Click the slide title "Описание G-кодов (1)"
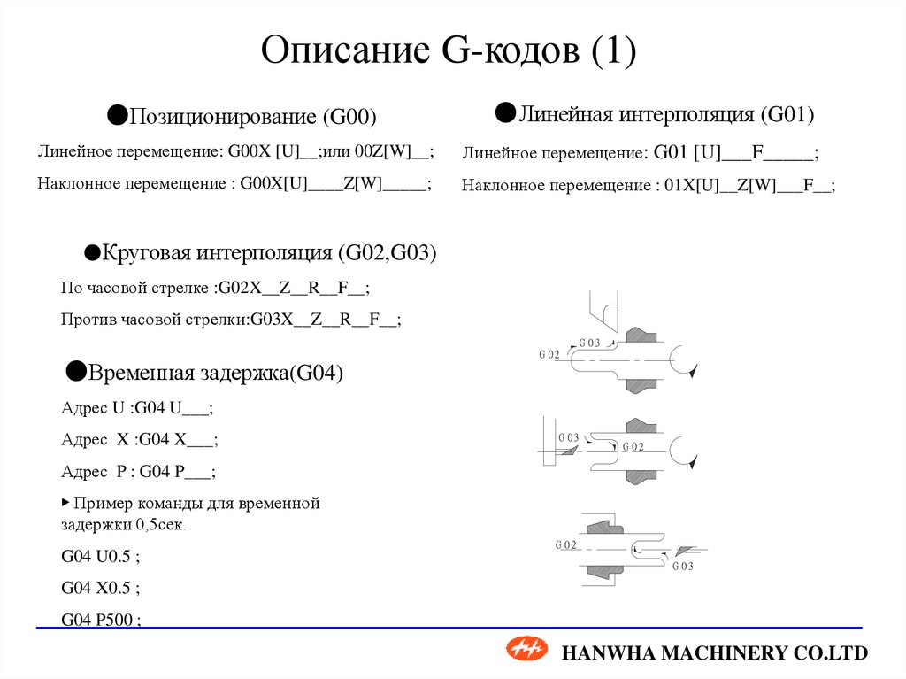[x=449, y=50]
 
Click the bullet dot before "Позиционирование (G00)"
[x=117, y=113]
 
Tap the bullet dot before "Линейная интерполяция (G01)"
[x=505, y=111]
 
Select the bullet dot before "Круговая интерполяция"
[x=91, y=252]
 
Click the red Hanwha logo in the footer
[x=527, y=651]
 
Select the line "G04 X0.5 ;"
[x=101, y=588]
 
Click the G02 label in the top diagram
[x=549, y=354]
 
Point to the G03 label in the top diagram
[x=589, y=343]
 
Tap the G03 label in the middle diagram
[x=568, y=437]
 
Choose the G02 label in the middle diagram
[x=633, y=446]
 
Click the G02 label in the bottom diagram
[x=566, y=544]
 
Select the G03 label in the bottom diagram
[x=683, y=567]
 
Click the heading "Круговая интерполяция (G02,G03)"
[x=270, y=253]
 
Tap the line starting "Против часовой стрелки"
[x=231, y=320]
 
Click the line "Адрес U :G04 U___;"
[x=137, y=408]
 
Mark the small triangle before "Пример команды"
[x=65, y=502]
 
